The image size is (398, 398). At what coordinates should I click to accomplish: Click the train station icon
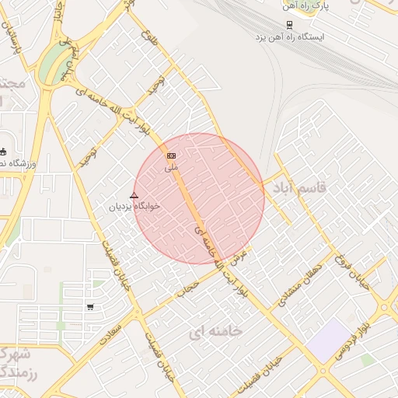(290, 23)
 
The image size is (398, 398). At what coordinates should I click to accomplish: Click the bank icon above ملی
(172, 156)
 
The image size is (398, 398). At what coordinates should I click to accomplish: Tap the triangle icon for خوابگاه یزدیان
(134, 195)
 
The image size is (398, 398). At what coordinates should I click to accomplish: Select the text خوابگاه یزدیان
(136, 206)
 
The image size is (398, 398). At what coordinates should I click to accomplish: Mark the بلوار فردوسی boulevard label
(353, 341)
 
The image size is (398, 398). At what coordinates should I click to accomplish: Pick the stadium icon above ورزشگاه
(3, 152)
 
